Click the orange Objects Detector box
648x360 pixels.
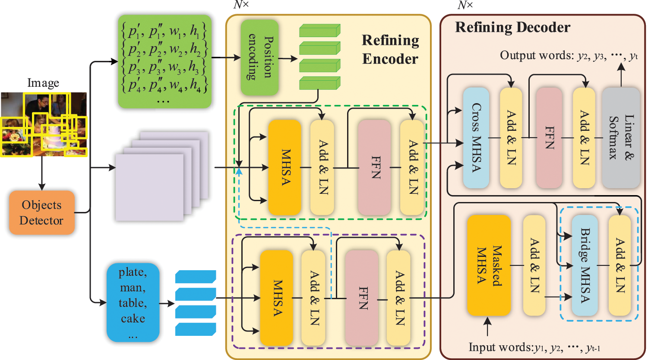click(x=42, y=212)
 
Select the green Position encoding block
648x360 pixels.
click(x=259, y=57)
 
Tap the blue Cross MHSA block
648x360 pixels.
click(x=476, y=138)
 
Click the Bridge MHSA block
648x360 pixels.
click(x=585, y=265)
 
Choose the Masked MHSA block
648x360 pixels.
click(x=489, y=265)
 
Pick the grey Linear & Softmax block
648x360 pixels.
click(x=620, y=138)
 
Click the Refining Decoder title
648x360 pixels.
click(x=512, y=28)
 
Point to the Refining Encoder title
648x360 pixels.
click(x=390, y=50)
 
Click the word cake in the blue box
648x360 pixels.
click(x=133, y=319)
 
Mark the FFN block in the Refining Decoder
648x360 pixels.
click(x=549, y=138)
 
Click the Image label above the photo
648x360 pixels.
click(x=43, y=83)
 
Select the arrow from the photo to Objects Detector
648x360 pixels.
click(x=42, y=173)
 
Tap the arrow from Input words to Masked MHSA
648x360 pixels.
click(x=488, y=326)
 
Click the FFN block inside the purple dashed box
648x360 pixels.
click(x=361, y=297)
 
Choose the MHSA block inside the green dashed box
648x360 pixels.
click(x=284, y=167)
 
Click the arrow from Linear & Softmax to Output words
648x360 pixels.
click(x=621, y=75)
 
